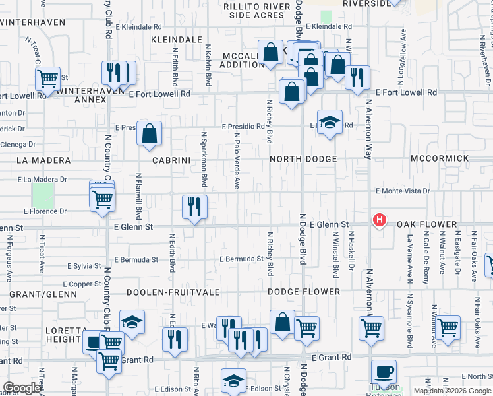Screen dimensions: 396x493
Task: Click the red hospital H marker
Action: (380, 220)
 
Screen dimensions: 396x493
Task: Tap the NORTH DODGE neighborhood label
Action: (303, 159)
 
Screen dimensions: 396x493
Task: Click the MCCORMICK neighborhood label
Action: (440, 158)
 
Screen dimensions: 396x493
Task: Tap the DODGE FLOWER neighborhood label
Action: (304, 292)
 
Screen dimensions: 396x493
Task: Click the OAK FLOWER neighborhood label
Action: (427, 225)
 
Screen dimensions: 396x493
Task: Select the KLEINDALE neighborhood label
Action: (176, 40)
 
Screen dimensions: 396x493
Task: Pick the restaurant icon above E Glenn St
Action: (194, 207)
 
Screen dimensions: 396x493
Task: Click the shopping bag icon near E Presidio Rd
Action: (150, 133)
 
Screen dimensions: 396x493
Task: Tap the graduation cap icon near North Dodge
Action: (330, 122)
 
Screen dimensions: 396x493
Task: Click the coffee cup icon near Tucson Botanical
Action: (384, 372)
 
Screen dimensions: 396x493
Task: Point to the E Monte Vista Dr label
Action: (402, 191)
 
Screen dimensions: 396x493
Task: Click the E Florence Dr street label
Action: (45, 212)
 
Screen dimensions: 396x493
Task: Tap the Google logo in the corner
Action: (22, 388)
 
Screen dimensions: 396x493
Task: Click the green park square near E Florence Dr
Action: (43, 195)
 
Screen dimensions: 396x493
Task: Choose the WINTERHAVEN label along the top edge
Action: (33, 22)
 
